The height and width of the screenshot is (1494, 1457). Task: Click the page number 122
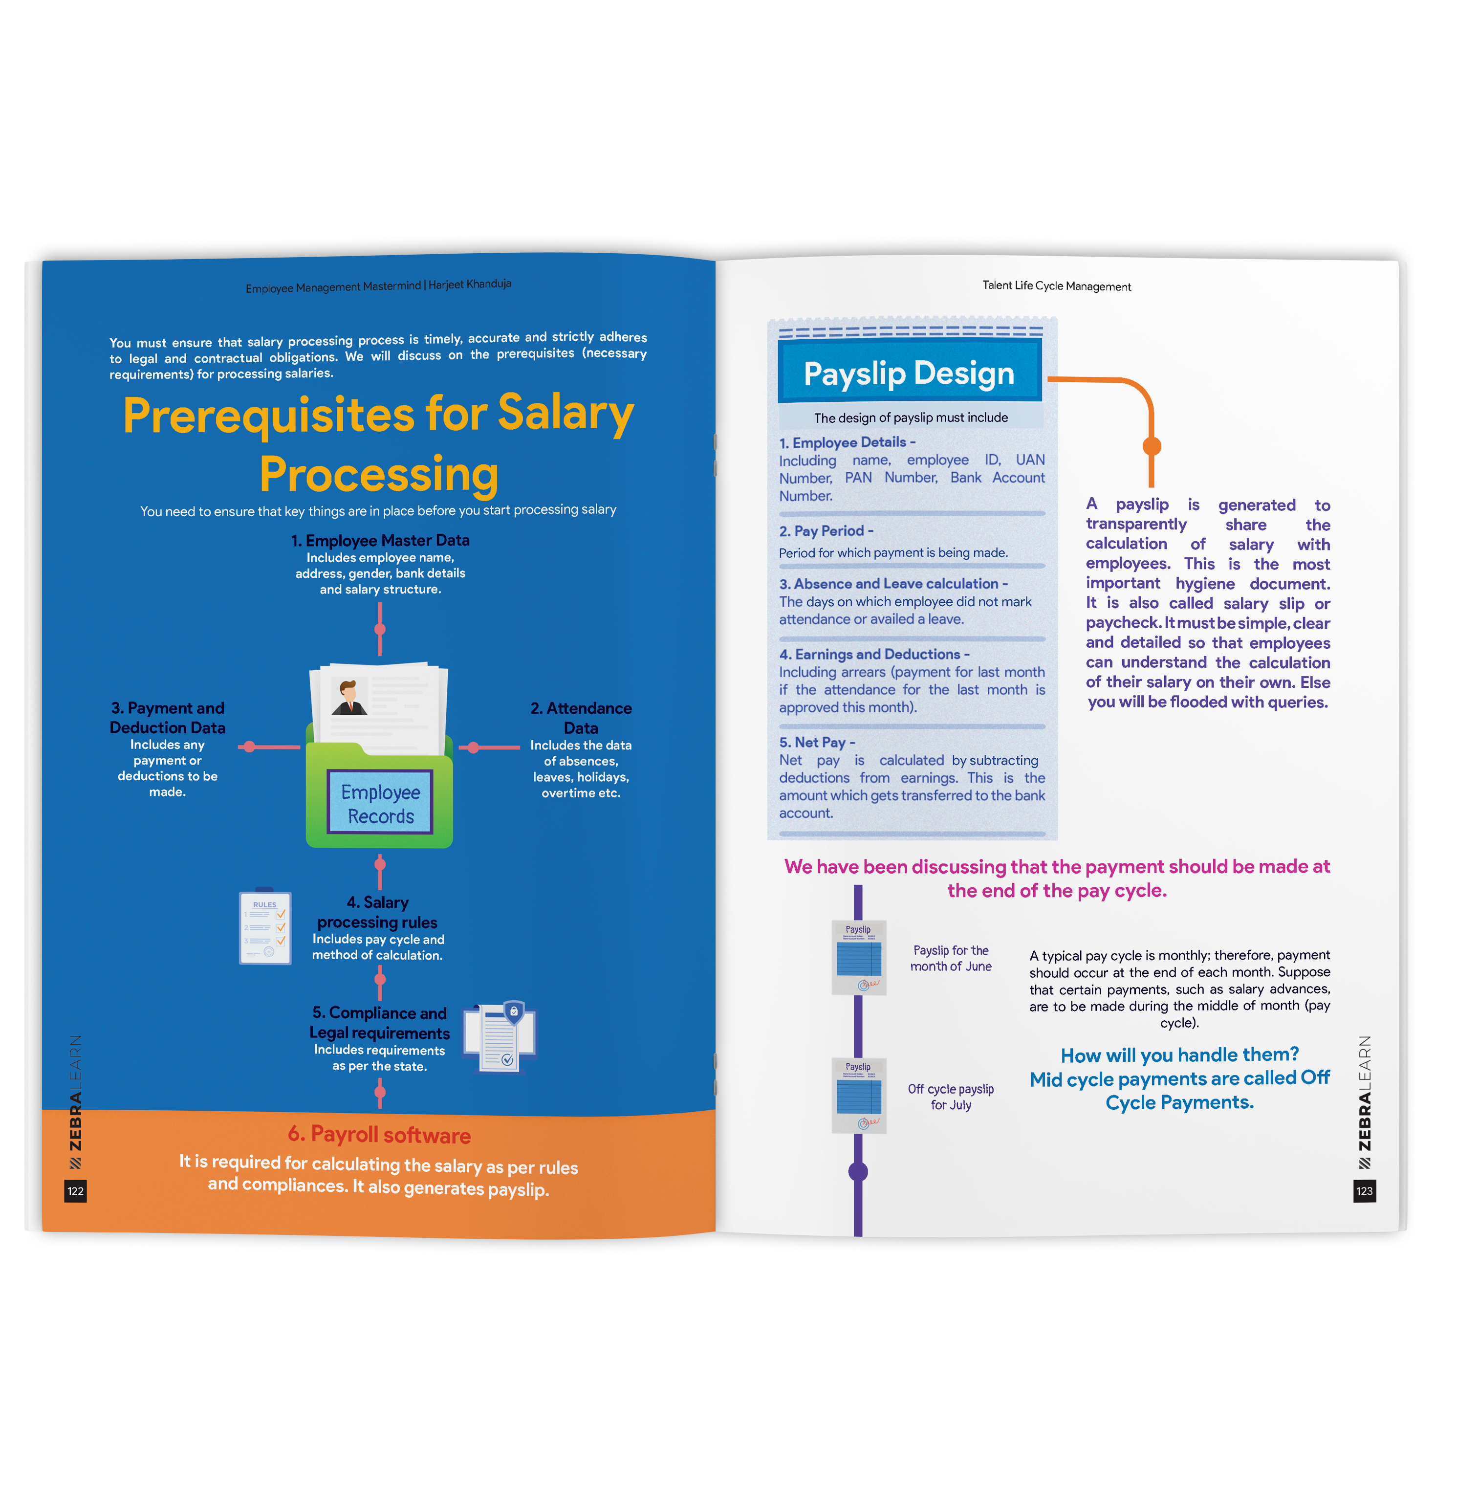point(75,1191)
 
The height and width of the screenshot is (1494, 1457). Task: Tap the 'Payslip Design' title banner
point(909,373)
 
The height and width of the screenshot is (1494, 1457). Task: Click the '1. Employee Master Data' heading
point(380,540)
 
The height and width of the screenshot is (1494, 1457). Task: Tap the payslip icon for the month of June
point(859,957)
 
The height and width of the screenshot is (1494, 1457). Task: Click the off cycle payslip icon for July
point(859,1095)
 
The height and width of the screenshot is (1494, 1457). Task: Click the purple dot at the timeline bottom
point(858,1171)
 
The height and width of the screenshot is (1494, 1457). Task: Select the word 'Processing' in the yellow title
point(379,474)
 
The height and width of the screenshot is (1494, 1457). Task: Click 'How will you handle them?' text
point(1179,1055)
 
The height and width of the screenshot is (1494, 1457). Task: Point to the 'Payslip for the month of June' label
point(951,958)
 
